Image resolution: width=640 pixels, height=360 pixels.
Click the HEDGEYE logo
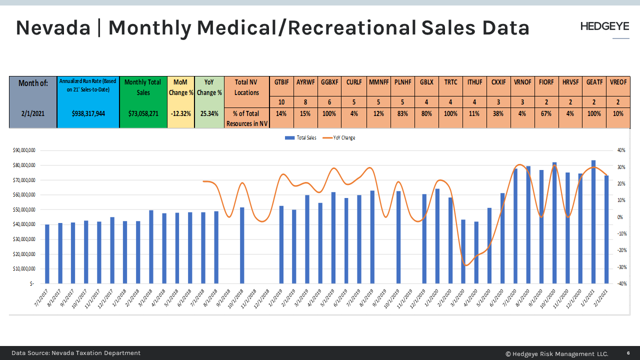(604, 26)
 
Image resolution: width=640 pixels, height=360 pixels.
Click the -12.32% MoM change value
(180, 113)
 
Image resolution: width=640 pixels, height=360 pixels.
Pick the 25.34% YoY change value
(209, 113)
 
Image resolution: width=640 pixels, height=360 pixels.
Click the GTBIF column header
(281, 82)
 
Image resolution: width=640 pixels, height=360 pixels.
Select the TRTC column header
(450, 82)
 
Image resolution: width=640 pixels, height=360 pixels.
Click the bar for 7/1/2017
(47, 254)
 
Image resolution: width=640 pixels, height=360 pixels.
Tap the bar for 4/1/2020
(476, 252)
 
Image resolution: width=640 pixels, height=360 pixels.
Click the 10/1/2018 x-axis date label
(235, 298)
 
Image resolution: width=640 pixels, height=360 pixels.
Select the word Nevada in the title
(53, 28)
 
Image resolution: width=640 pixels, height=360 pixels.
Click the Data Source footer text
(76, 353)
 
